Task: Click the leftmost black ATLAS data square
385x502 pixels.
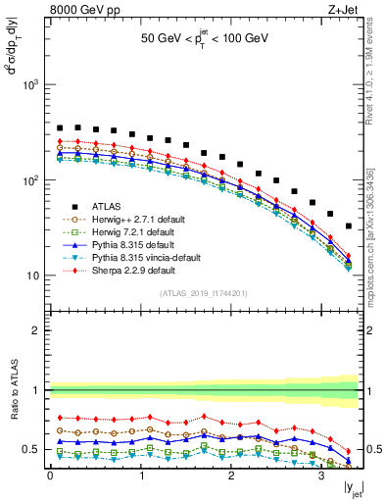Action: click(60, 127)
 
